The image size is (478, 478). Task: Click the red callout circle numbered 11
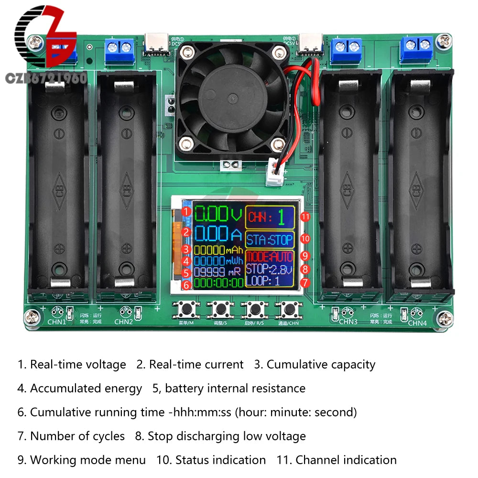coord(305,217)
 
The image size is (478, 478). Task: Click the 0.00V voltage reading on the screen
coord(217,214)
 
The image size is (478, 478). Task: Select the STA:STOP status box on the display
coord(270,239)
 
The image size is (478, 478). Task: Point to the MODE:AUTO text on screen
coord(270,257)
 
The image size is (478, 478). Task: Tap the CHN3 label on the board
coord(348,322)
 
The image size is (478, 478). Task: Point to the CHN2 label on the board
coord(123,322)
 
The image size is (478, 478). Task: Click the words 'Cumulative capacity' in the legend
coord(321,365)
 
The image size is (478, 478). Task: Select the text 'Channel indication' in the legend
coord(346,460)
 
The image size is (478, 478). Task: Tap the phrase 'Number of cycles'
coord(77,436)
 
